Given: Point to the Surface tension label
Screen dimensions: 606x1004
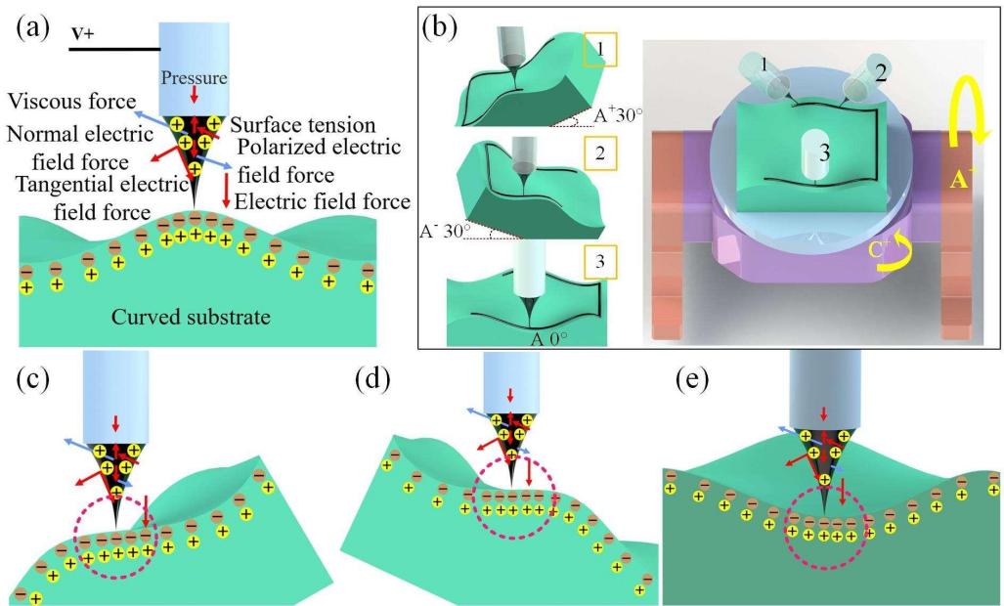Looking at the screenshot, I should [x=304, y=124].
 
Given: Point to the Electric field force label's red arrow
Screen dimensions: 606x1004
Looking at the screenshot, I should [x=228, y=189].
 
